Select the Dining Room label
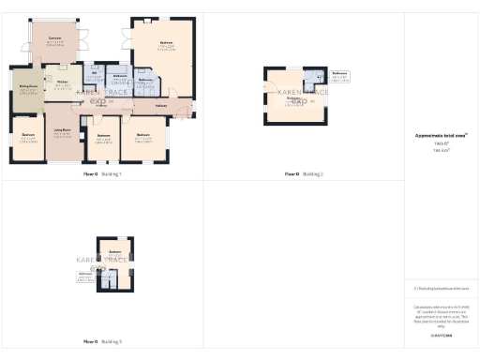27,91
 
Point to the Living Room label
63,131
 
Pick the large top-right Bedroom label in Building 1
166,43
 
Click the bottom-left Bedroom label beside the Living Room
27,137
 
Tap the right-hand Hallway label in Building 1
161,106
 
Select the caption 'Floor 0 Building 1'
102,174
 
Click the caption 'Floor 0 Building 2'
304,174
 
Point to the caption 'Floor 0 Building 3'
102,342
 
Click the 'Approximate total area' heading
442,136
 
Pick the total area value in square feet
442,143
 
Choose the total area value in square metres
442,150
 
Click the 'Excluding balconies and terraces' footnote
442,292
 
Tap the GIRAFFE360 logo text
442,335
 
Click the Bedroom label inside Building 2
292,100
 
